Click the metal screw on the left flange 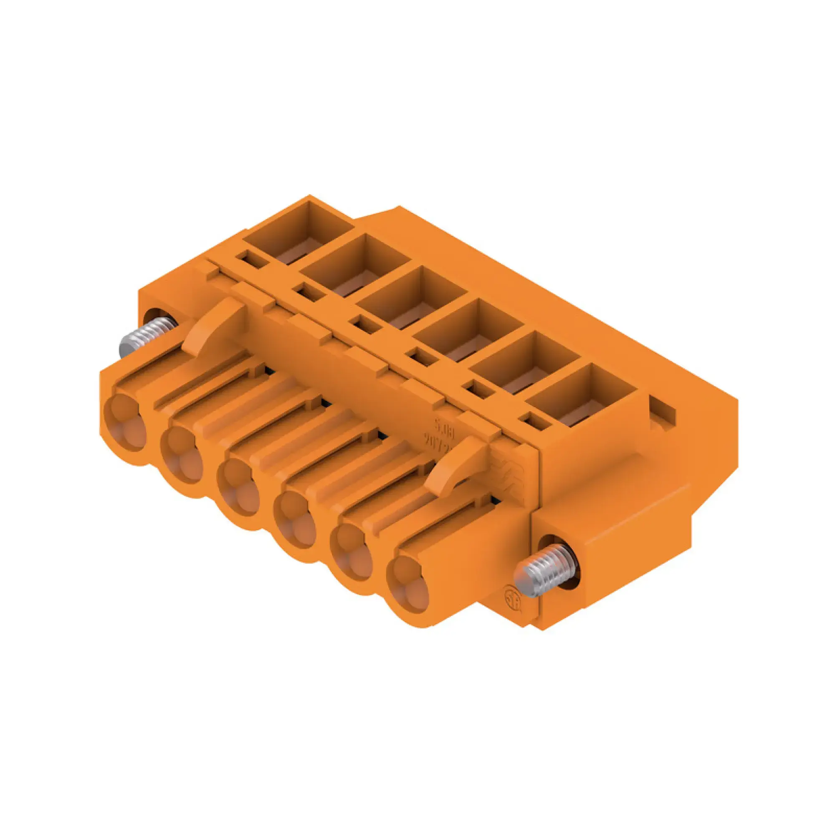tap(147, 336)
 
